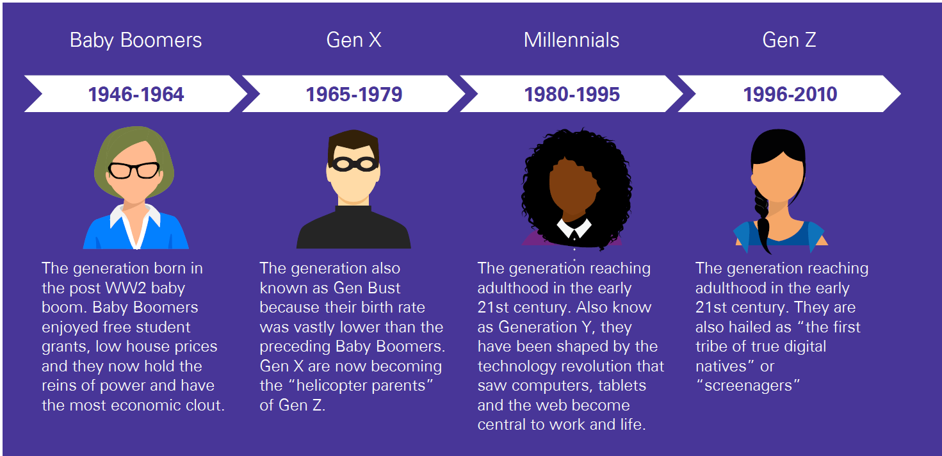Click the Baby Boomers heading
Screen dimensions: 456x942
coord(136,40)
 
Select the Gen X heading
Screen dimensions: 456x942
coord(353,40)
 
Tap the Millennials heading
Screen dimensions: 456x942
coord(571,40)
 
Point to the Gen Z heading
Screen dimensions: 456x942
coord(789,40)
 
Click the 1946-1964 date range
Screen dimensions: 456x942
coord(136,95)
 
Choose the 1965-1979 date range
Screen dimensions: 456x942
coord(353,95)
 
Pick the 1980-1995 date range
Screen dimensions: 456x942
coord(571,95)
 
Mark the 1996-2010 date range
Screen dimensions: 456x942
coord(790,95)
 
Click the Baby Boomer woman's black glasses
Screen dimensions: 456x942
coord(134,170)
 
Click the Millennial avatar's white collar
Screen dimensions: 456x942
coord(574,227)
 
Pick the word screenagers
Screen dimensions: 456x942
coord(747,386)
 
